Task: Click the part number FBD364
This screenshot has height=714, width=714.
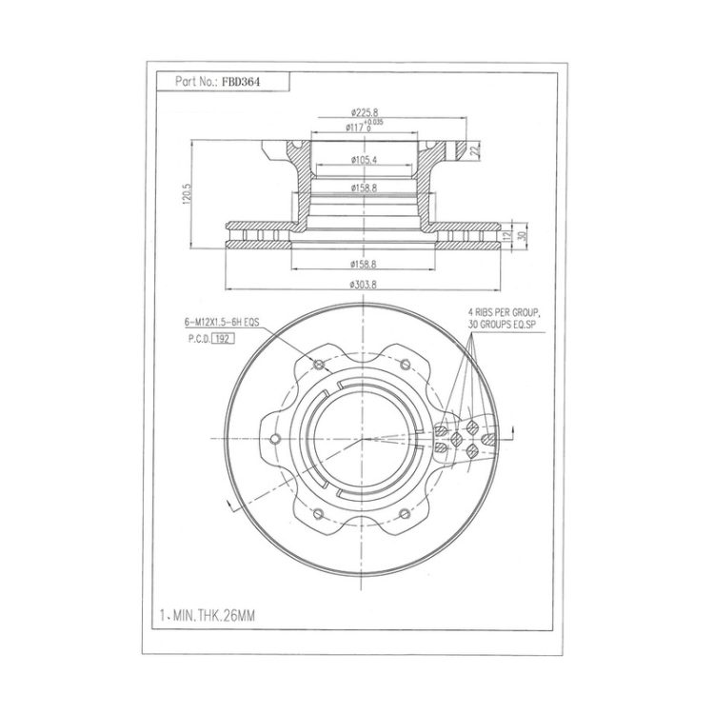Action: coord(241,83)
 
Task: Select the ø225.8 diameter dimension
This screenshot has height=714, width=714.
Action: coord(365,112)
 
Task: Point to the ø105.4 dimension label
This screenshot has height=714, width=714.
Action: coord(364,160)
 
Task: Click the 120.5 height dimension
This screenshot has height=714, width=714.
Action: coord(187,194)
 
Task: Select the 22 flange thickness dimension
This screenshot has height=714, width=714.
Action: coord(476,150)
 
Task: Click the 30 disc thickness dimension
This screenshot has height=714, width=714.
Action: coord(523,236)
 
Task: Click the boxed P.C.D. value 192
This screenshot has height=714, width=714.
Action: coord(223,339)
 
